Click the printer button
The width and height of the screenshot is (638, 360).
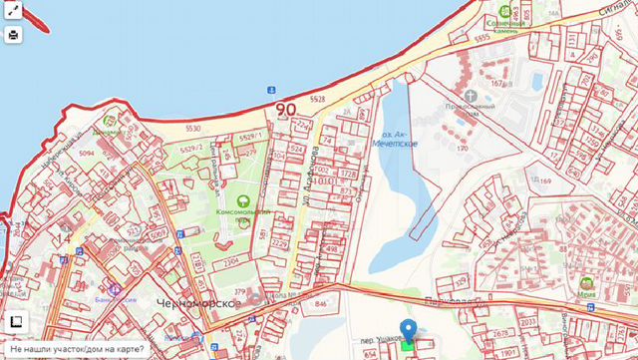(x=13, y=34)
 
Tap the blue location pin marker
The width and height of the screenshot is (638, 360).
(x=407, y=332)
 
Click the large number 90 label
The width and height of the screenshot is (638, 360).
(x=285, y=109)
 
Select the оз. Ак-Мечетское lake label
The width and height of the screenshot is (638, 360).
(x=395, y=140)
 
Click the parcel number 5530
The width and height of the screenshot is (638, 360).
(x=192, y=129)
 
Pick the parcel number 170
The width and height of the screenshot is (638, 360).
(x=462, y=149)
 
